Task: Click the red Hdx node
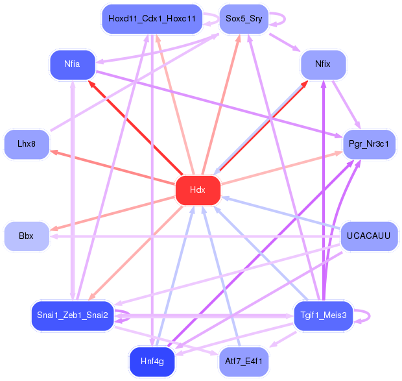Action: (x=198, y=190)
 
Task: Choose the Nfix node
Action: (x=323, y=65)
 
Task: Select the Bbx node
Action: (x=26, y=236)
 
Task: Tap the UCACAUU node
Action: (x=368, y=236)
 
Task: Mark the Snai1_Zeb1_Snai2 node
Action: (x=73, y=315)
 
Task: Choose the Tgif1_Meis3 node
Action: (x=323, y=315)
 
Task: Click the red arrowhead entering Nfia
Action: (x=92, y=82)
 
